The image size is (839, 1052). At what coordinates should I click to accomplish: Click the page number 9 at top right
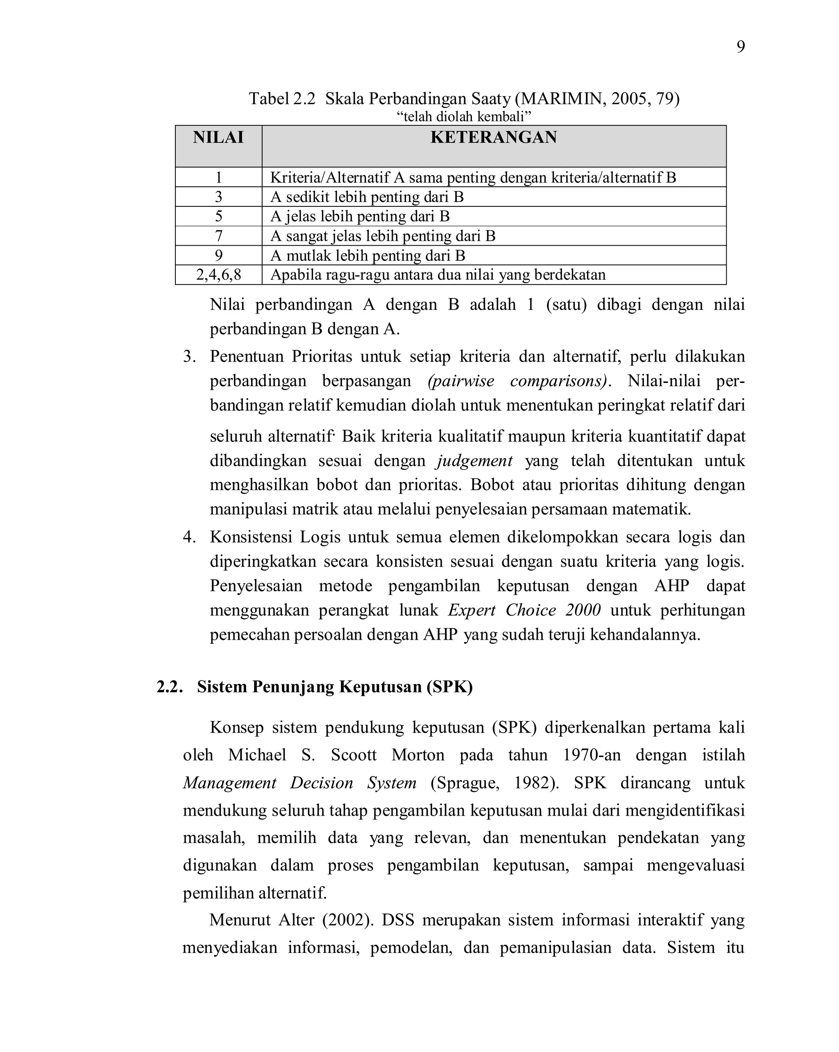[740, 48]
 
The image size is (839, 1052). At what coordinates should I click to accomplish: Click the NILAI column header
[218, 138]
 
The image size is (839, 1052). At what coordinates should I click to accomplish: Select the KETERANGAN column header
[493, 138]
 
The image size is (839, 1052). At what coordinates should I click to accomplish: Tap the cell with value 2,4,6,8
[218, 275]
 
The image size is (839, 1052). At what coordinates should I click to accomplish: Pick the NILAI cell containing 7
[218, 236]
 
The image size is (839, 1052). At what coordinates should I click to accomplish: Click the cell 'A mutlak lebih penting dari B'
[367, 256]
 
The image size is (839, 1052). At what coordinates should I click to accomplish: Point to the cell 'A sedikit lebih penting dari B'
[367, 197]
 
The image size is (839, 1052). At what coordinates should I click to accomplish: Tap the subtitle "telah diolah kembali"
[463, 117]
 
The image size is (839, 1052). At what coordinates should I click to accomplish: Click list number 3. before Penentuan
[189, 357]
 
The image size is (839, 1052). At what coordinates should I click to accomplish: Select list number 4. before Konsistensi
[189, 537]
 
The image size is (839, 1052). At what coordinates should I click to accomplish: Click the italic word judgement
[474, 461]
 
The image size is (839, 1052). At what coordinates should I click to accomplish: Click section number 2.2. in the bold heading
[169, 687]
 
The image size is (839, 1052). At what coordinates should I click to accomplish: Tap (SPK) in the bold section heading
[449, 687]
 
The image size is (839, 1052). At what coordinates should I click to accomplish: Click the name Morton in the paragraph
[417, 756]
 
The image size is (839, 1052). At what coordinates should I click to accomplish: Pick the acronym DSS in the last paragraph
[397, 920]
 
